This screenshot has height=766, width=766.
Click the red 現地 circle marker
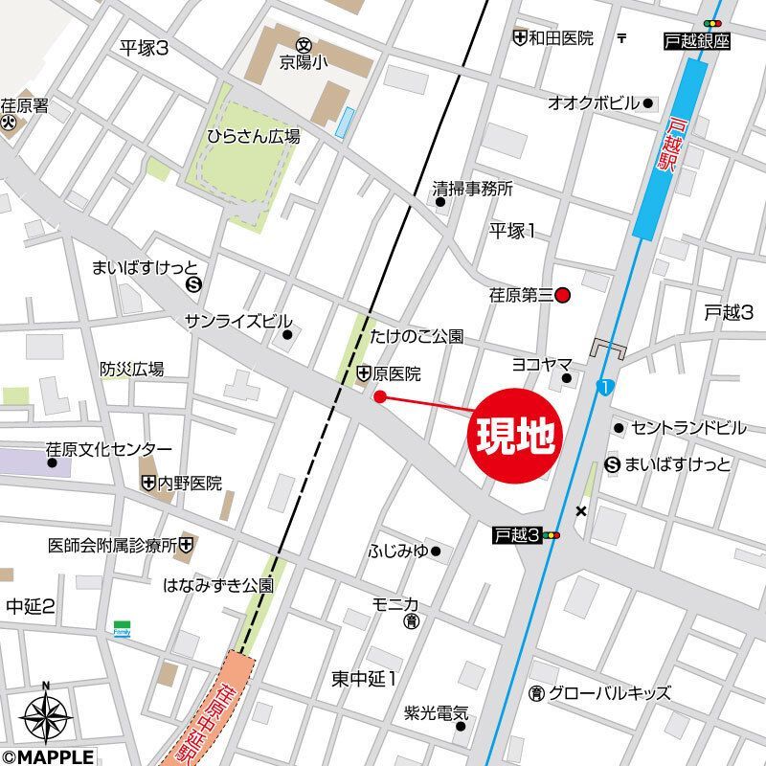point(513,437)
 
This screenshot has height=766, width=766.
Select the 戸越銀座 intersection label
point(696,41)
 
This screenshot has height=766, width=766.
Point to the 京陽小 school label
point(305,59)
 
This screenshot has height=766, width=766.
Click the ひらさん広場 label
point(254,137)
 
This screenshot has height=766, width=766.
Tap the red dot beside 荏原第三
point(563,296)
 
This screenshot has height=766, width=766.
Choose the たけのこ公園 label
point(417,337)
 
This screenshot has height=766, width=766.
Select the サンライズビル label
point(238,321)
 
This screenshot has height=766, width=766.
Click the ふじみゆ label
point(398,551)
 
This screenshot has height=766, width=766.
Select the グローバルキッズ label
point(609,693)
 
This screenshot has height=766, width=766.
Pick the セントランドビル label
point(684,427)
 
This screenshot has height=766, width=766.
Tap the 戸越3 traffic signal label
point(518,535)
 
